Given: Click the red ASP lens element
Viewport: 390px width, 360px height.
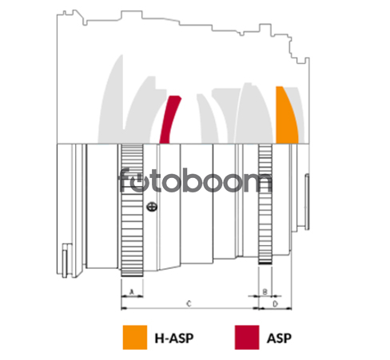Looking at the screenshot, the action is (x=169, y=120).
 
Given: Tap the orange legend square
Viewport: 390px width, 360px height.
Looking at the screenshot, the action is (x=135, y=337).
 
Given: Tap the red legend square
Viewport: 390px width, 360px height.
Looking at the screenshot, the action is (x=247, y=337).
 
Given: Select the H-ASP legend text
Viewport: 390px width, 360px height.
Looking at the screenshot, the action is (x=174, y=338).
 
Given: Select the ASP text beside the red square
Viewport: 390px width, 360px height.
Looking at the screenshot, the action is (x=279, y=338).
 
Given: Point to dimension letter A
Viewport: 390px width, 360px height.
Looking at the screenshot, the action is (x=132, y=292).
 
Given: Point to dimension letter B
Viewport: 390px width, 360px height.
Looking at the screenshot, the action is (x=265, y=291).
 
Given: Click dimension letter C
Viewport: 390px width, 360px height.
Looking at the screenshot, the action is (x=189, y=303).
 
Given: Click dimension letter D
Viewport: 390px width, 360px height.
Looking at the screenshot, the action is (x=276, y=303).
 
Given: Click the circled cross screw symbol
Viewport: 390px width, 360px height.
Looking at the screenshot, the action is (x=152, y=207).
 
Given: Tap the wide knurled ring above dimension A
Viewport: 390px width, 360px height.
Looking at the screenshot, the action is (x=132, y=210).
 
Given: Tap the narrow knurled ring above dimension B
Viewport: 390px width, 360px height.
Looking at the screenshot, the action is (x=265, y=204).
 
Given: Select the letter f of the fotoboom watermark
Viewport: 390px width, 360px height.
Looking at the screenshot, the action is (x=125, y=180).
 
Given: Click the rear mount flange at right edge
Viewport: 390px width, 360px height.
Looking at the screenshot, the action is (x=307, y=202).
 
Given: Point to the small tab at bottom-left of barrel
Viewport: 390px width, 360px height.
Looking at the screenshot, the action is (x=65, y=261).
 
